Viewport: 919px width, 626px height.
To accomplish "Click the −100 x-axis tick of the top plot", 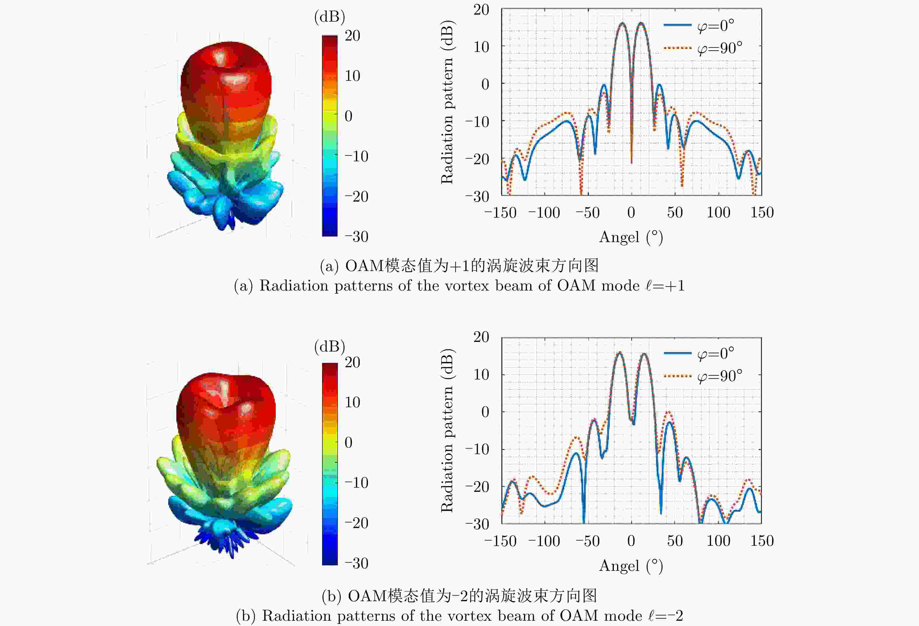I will click(x=544, y=213).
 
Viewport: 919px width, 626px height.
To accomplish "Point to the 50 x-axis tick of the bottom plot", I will click(x=675, y=541).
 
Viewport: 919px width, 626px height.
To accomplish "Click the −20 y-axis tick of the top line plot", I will click(x=477, y=159).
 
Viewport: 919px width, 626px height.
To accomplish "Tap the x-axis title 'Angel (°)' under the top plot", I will click(x=631, y=237).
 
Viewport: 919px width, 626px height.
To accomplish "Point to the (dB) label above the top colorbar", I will click(x=329, y=17).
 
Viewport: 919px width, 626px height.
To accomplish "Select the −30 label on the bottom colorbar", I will click(x=356, y=563).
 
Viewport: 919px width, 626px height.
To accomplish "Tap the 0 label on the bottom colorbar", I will click(x=348, y=443).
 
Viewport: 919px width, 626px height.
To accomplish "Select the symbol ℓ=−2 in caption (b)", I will click(x=665, y=616).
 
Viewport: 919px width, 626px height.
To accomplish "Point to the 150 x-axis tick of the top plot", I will click(x=762, y=213).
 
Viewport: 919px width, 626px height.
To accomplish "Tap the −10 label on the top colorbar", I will click(x=356, y=157).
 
